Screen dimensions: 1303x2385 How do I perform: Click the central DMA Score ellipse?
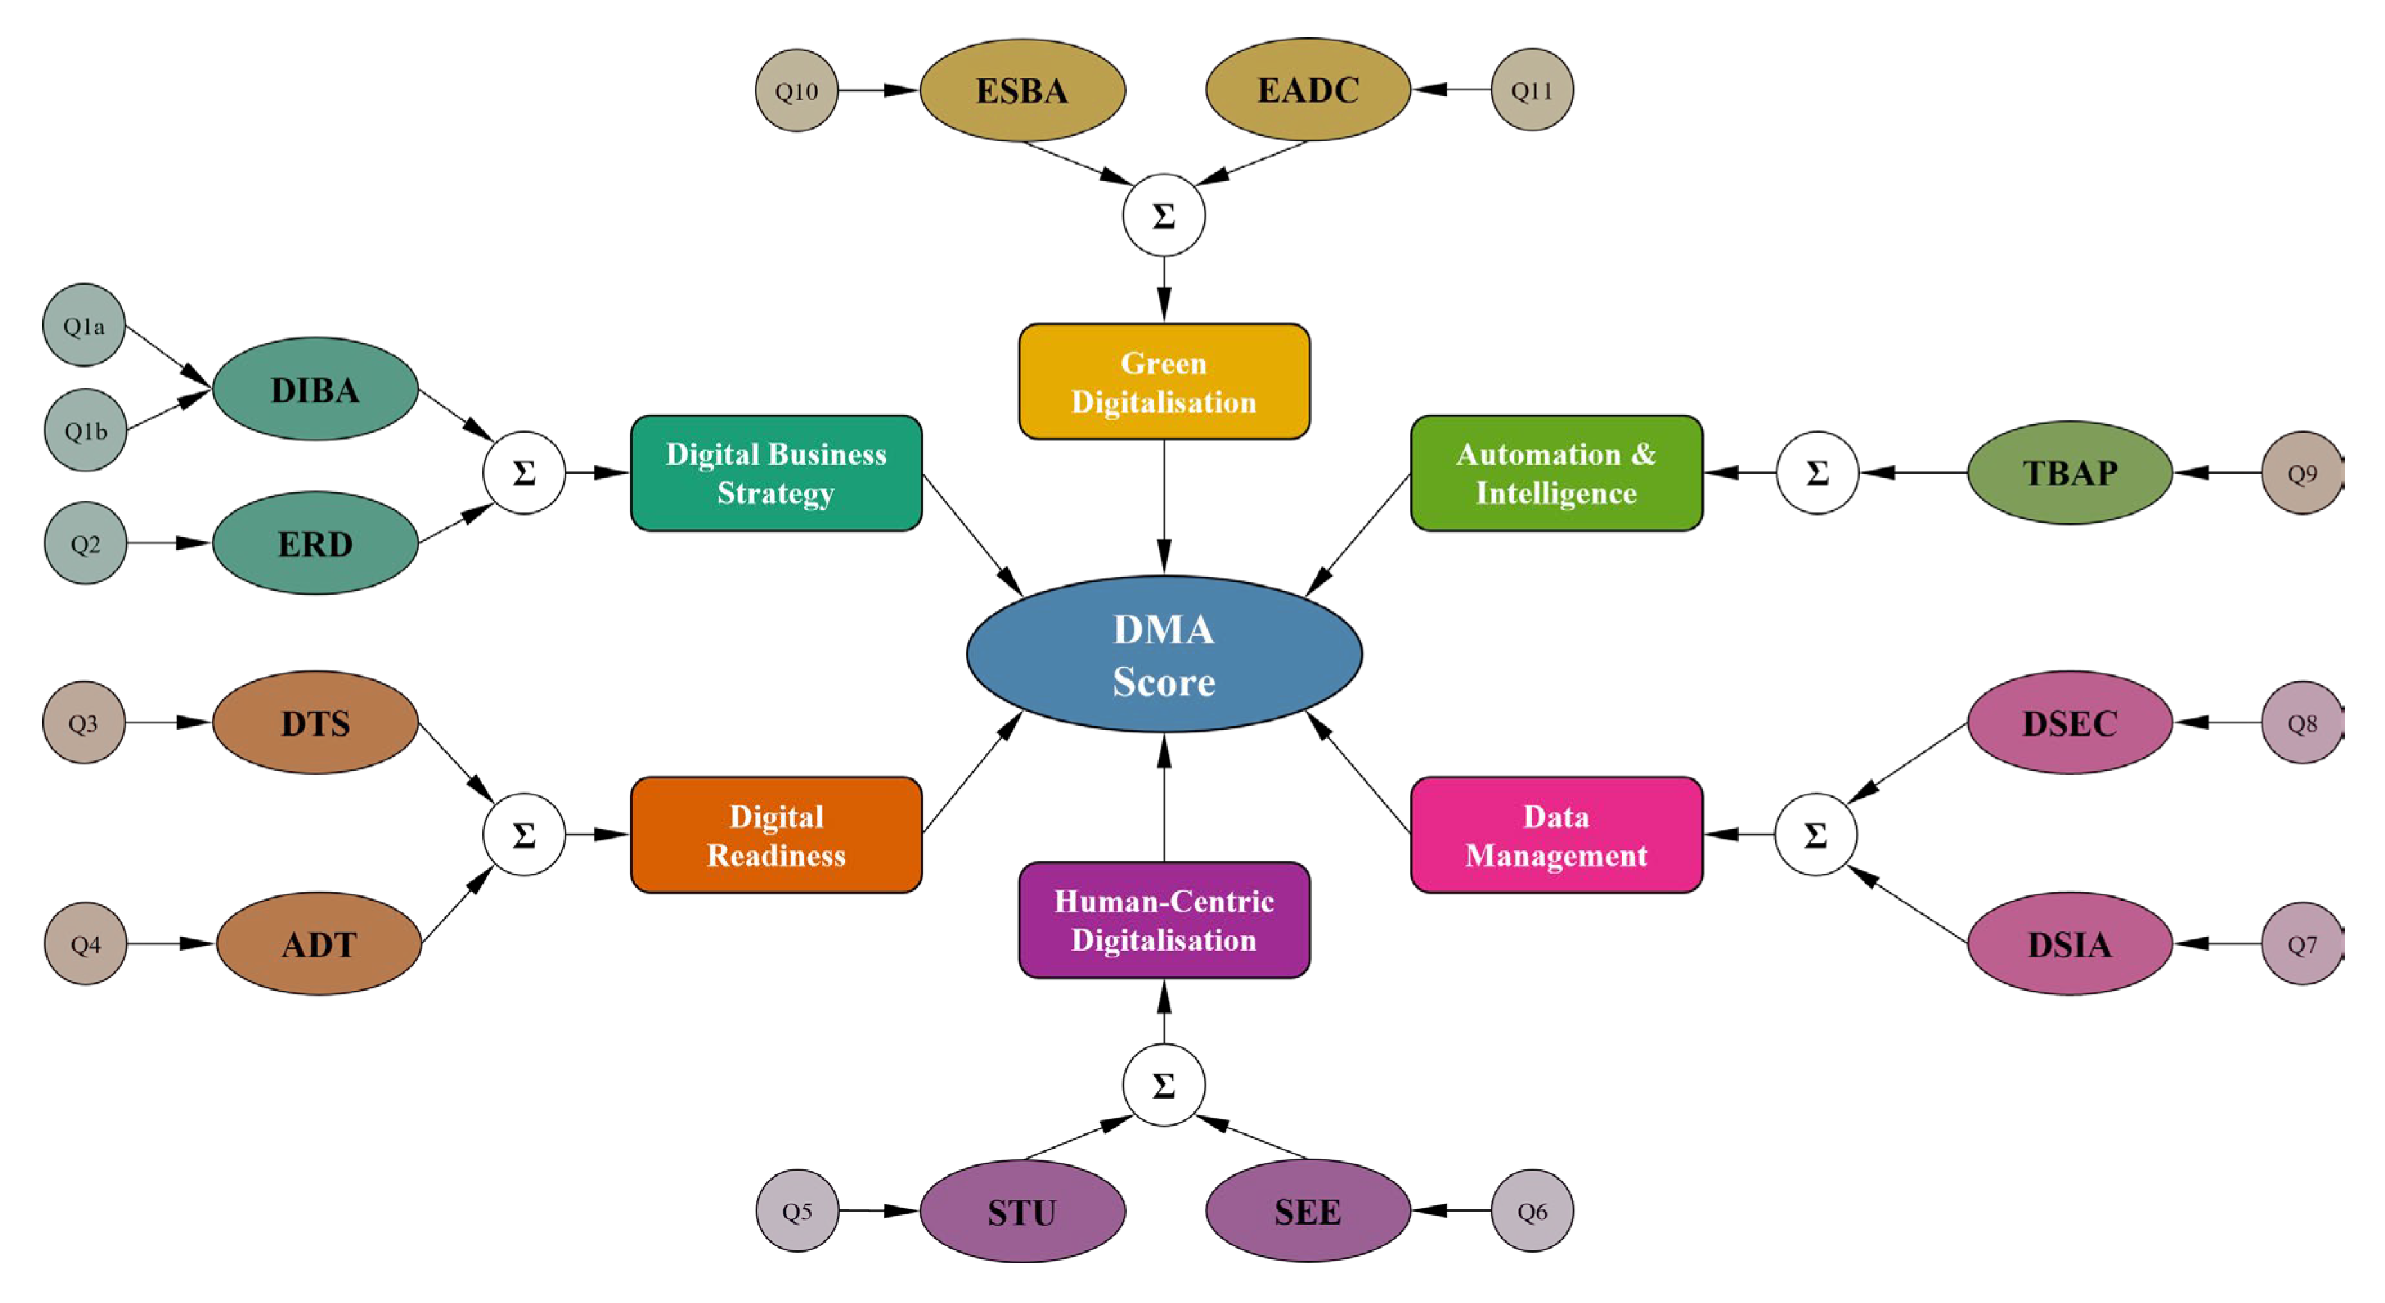click(1164, 654)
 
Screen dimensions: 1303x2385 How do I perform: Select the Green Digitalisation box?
click(1164, 381)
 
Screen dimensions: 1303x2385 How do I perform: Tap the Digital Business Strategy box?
click(776, 473)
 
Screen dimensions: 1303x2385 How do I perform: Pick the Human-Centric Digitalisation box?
click(1164, 920)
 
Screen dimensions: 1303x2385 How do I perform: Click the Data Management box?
click(1555, 835)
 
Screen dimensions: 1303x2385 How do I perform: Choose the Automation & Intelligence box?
click(1555, 473)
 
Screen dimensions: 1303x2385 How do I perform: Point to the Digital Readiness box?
click(776, 835)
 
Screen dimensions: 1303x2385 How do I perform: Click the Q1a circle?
click(84, 325)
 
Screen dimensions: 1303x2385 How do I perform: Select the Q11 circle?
click(1531, 90)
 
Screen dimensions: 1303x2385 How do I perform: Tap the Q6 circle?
click(1531, 1210)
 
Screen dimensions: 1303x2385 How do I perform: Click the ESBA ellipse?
click(1022, 90)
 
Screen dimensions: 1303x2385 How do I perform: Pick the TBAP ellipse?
click(2069, 473)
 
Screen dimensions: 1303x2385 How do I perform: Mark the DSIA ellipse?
click(2069, 944)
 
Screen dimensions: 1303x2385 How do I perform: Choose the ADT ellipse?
click(318, 944)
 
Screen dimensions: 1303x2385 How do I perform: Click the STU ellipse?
click(1022, 1210)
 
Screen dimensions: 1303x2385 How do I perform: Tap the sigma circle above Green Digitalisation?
click(1164, 215)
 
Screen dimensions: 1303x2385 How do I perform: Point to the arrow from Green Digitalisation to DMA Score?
click(1164, 505)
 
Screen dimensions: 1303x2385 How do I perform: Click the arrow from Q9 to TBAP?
click(2217, 473)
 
